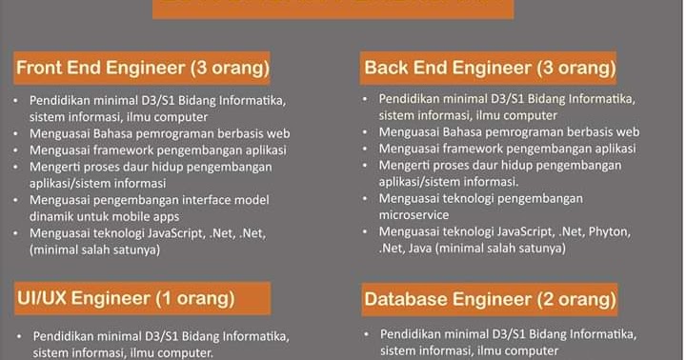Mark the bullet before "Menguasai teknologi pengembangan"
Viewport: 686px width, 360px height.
click(367, 199)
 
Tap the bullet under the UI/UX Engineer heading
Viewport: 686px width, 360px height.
click(20, 335)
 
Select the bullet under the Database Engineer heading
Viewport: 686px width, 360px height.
click(368, 334)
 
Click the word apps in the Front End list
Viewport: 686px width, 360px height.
click(170, 215)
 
